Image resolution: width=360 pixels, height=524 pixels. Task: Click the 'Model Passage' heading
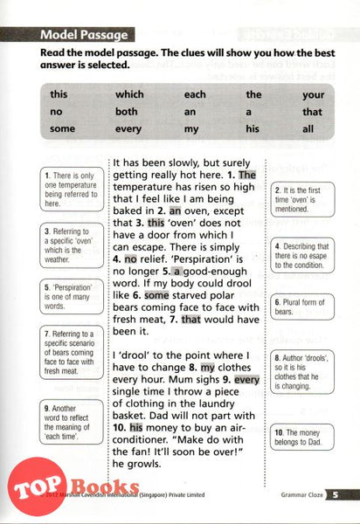(x=86, y=36)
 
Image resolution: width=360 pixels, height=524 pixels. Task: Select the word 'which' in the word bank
(x=129, y=94)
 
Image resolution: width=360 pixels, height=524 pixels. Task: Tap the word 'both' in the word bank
(x=127, y=112)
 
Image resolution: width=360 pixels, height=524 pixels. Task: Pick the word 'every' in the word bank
(x=129, y=129)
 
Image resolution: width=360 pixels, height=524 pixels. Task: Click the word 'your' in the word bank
(x=313, y=94)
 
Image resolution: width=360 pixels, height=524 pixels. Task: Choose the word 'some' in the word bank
(x=63, y=129)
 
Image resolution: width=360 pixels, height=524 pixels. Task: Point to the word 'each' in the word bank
(x=196, y=94)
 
